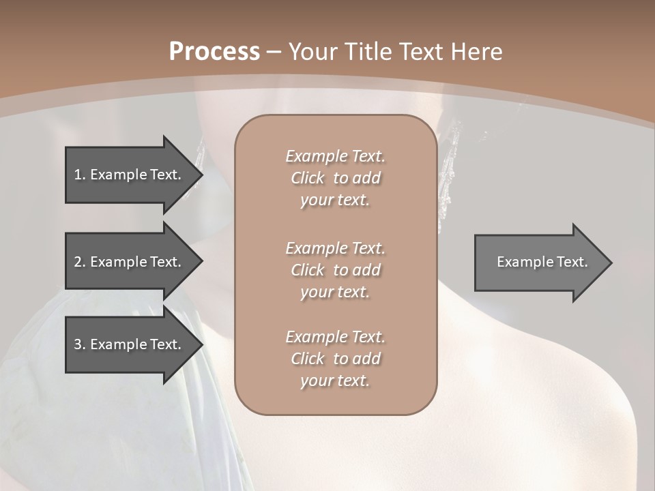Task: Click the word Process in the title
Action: tap(214, 52)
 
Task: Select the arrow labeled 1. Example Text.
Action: tap(130, 175)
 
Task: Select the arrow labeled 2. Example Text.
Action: tap(130, 262)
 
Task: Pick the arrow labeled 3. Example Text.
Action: tap(130, 344)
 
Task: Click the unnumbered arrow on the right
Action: tap(539, 263)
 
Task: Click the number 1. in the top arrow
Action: tap(80, 175)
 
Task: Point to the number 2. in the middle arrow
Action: tap(80, 262)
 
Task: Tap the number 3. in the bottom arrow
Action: tap(80, 344)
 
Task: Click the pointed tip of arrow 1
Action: tap(201, 175)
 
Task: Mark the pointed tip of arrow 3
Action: tap(201, 344)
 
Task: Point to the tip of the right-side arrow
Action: tap(610, 263)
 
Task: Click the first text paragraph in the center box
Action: tap(335, 178)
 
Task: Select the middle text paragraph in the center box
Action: tap(335, 270)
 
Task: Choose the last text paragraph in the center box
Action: tap(335, 359)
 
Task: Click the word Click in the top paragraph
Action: tap(308, 178)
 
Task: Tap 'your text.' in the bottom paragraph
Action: tap(335, 381)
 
